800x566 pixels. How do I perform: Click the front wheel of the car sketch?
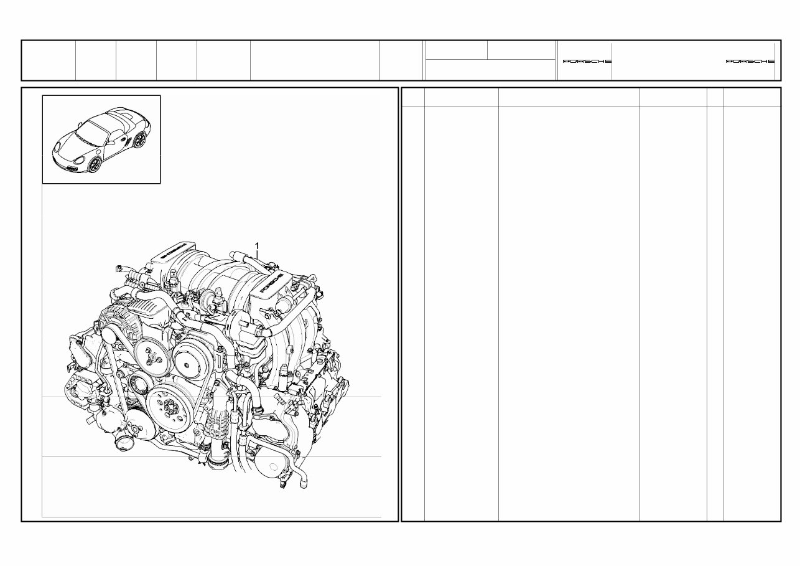[94, 165]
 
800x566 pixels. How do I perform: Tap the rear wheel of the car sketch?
[139, 141]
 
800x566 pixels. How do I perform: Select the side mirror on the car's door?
[109, 141]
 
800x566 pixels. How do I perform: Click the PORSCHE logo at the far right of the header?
[750, 62]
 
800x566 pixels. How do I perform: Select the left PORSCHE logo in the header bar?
[587, 62]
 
